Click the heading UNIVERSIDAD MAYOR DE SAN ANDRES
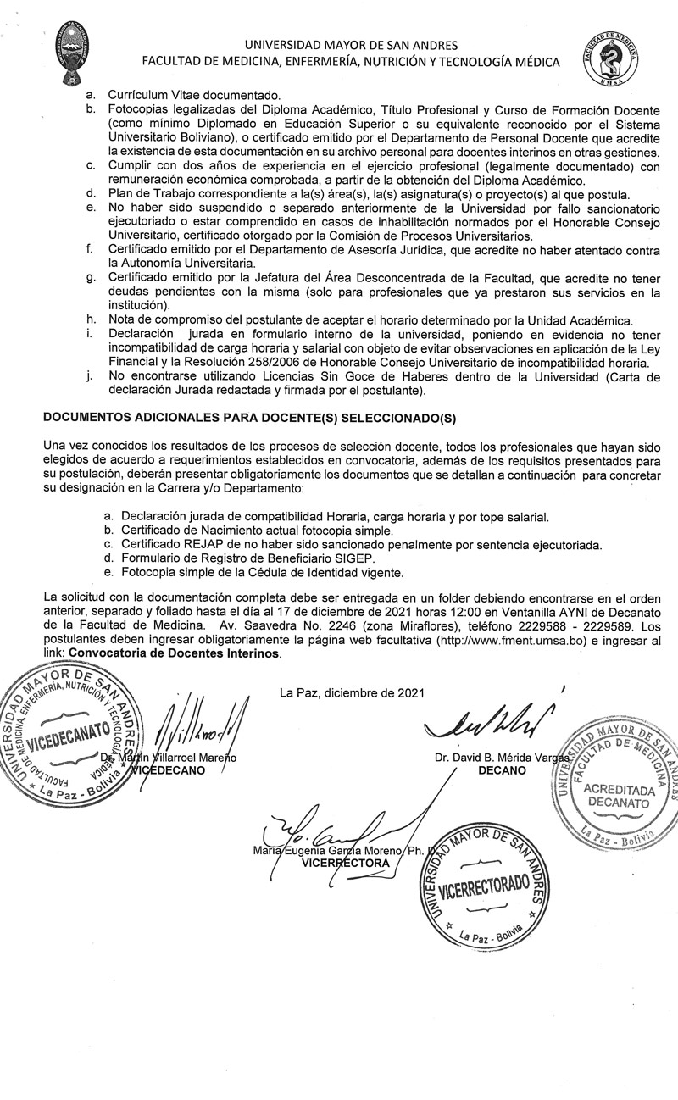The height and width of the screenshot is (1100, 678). point(350,45)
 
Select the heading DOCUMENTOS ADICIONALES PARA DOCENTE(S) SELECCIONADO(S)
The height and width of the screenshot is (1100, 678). point(256,417)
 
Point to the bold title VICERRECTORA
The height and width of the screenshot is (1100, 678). point(346,863)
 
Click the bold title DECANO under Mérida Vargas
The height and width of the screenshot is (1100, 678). point(502,769)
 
